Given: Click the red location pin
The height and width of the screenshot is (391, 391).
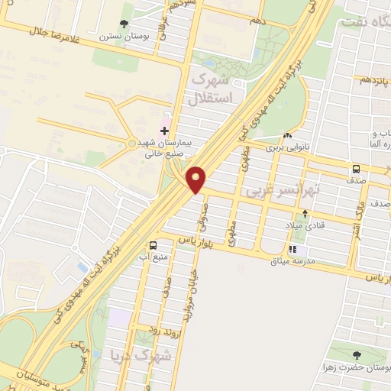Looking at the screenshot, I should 197,179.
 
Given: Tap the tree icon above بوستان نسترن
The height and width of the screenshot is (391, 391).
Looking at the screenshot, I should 125,24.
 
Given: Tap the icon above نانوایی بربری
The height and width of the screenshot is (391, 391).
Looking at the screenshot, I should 287,135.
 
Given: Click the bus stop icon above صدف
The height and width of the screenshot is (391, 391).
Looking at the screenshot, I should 357,169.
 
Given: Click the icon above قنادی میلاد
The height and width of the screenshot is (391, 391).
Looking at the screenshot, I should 305,214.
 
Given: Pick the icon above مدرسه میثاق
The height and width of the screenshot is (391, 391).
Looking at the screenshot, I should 292,248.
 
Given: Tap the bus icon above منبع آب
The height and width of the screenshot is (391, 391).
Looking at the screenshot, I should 154,245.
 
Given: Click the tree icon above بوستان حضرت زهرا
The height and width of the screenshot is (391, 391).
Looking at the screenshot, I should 357,354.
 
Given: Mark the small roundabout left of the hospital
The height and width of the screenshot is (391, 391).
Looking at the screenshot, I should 131,144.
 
